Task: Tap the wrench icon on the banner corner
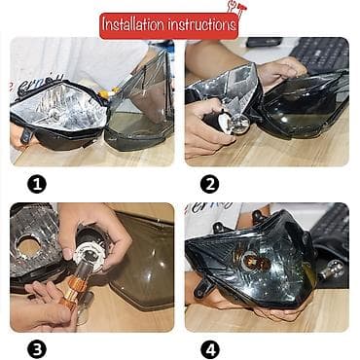234,11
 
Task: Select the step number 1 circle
37,183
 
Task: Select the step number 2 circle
209,183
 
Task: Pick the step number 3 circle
37,347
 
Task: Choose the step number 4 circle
209,347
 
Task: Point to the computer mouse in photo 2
264,43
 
